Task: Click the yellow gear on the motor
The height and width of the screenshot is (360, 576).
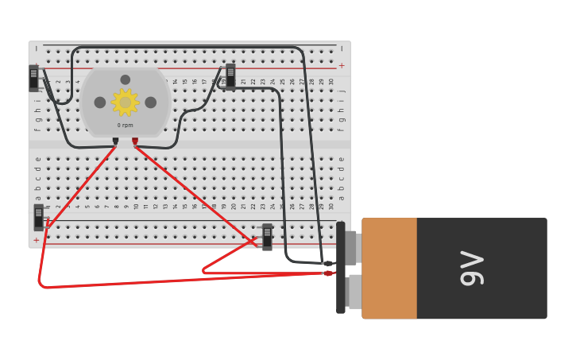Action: point(125,103)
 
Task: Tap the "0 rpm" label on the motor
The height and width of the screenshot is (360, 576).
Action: point(125,126)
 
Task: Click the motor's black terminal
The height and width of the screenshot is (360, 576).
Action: point(115,141)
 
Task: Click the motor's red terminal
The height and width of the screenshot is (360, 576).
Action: point(135,141)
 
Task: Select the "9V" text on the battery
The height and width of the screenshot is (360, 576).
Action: point(472,269)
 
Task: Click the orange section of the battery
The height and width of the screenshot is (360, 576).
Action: point(389,269)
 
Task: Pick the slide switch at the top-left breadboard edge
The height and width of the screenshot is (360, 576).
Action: point(33,78)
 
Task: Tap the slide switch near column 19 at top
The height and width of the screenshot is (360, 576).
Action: point(230,76)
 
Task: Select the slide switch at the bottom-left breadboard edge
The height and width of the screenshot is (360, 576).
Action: point(38,217)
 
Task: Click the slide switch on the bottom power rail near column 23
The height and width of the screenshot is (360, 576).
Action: point(267,237)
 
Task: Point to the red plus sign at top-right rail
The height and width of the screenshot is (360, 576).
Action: point(342,66)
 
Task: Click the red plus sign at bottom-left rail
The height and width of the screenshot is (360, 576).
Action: point(36,240)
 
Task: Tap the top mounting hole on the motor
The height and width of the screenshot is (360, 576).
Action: point(125,79)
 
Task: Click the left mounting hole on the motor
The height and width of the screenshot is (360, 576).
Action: point(100,103)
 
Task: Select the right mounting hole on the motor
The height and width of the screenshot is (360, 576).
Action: point(150,103)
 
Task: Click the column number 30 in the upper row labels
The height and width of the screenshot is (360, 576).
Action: point(331,82)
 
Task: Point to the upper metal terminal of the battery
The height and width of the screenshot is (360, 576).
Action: point(352,247)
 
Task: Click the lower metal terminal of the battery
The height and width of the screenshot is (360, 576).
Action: point(354,292)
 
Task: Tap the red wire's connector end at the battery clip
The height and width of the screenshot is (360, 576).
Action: point(327,273)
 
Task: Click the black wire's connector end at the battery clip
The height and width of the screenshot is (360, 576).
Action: point(327,263)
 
